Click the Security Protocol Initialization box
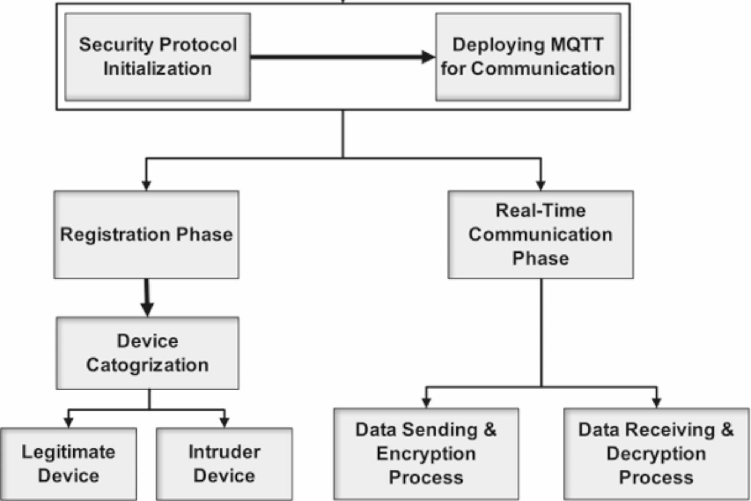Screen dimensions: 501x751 (157, 57)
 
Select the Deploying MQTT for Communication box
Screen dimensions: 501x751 (528, 57)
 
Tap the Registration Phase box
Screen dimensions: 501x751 (146, 235)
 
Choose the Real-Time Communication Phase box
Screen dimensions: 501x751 (540, 235)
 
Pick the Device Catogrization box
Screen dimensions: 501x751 (147, 353)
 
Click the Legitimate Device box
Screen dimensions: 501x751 (68, 464)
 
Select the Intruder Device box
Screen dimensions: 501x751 (224, 464)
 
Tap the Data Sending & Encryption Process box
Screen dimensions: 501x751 (426, 454)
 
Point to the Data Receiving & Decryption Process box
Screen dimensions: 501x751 (656, 454)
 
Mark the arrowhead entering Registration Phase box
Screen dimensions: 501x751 (146, 185)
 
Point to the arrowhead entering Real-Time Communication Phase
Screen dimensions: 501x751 (540, 185)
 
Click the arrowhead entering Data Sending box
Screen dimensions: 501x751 (426, 402)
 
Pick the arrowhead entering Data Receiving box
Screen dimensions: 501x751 (656, 402)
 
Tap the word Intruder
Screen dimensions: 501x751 (224, 452)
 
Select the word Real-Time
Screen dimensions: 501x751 (540, 210)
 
